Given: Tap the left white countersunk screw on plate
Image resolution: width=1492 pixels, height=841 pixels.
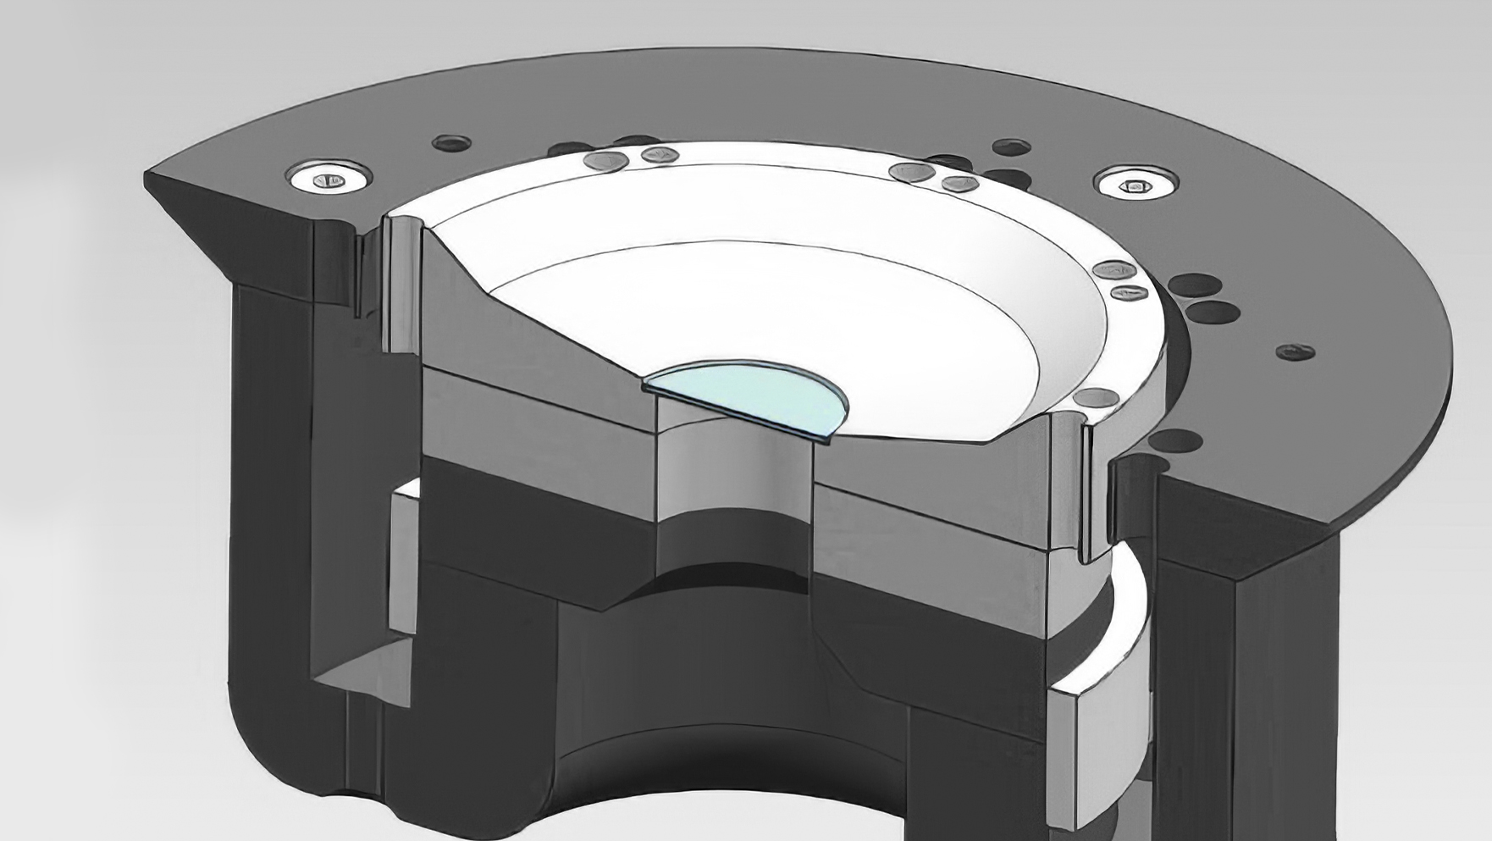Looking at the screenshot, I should (329, 178).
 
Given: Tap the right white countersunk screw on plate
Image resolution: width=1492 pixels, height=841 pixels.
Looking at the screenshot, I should (1135, 184).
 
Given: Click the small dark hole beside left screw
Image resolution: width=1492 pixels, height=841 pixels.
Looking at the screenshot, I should (451, 143).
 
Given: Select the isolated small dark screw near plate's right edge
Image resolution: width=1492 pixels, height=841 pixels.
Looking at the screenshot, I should (1294, 351).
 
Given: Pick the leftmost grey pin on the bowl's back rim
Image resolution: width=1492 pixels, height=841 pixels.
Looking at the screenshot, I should (606, 161).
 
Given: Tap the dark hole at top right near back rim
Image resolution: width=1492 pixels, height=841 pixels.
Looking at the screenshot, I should (1011, 147).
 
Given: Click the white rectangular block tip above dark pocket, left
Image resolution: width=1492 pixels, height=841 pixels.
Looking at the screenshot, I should (407, 491).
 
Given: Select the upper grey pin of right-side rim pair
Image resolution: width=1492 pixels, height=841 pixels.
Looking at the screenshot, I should (1113, 270).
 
